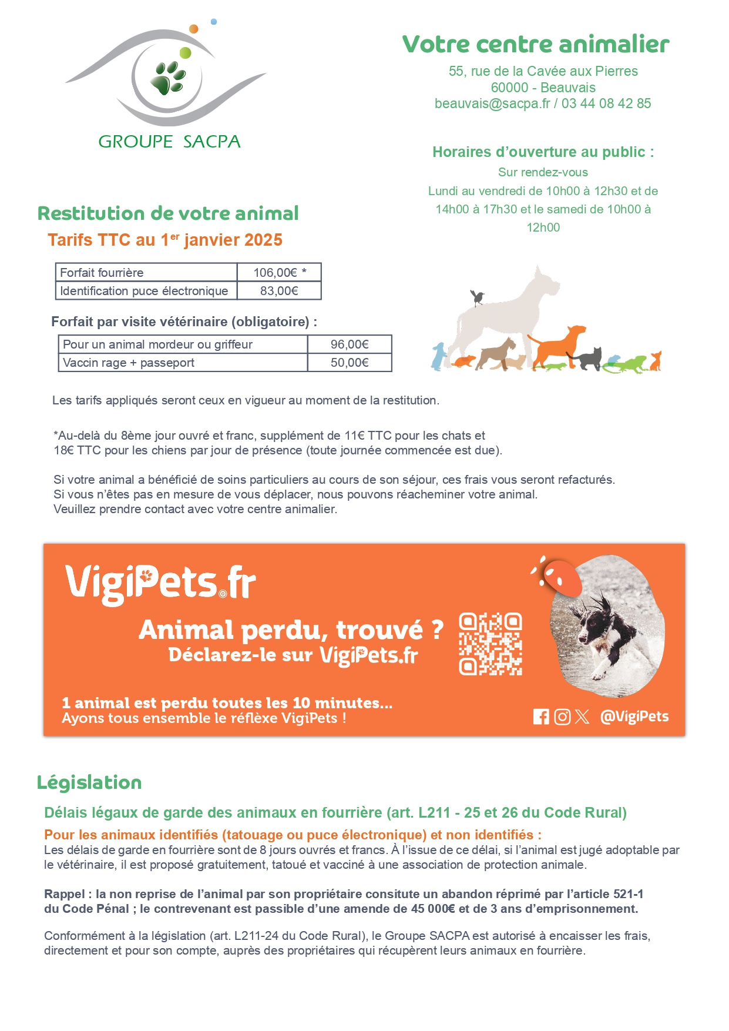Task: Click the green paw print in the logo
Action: click(168, 78)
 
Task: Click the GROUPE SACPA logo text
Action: click(169, 142)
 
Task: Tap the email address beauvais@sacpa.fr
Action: click(492, 103)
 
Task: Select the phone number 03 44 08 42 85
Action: click(606, 103)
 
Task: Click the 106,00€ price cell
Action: click(279, 273)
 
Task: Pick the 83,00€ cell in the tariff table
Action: click(279, 291)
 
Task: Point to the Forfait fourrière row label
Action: click(102, 273)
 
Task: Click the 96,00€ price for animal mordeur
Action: click(350, 344)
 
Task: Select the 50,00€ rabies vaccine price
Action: click(350, 363)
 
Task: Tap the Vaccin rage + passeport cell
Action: click(129, 363)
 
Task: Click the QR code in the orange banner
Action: click(491, 644)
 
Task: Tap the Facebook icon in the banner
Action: click(541, 717)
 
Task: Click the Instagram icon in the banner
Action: click(562, 717)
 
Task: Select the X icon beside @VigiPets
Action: click(582, 717)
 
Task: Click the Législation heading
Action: click(89, 782)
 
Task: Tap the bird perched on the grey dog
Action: click(477, 297)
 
